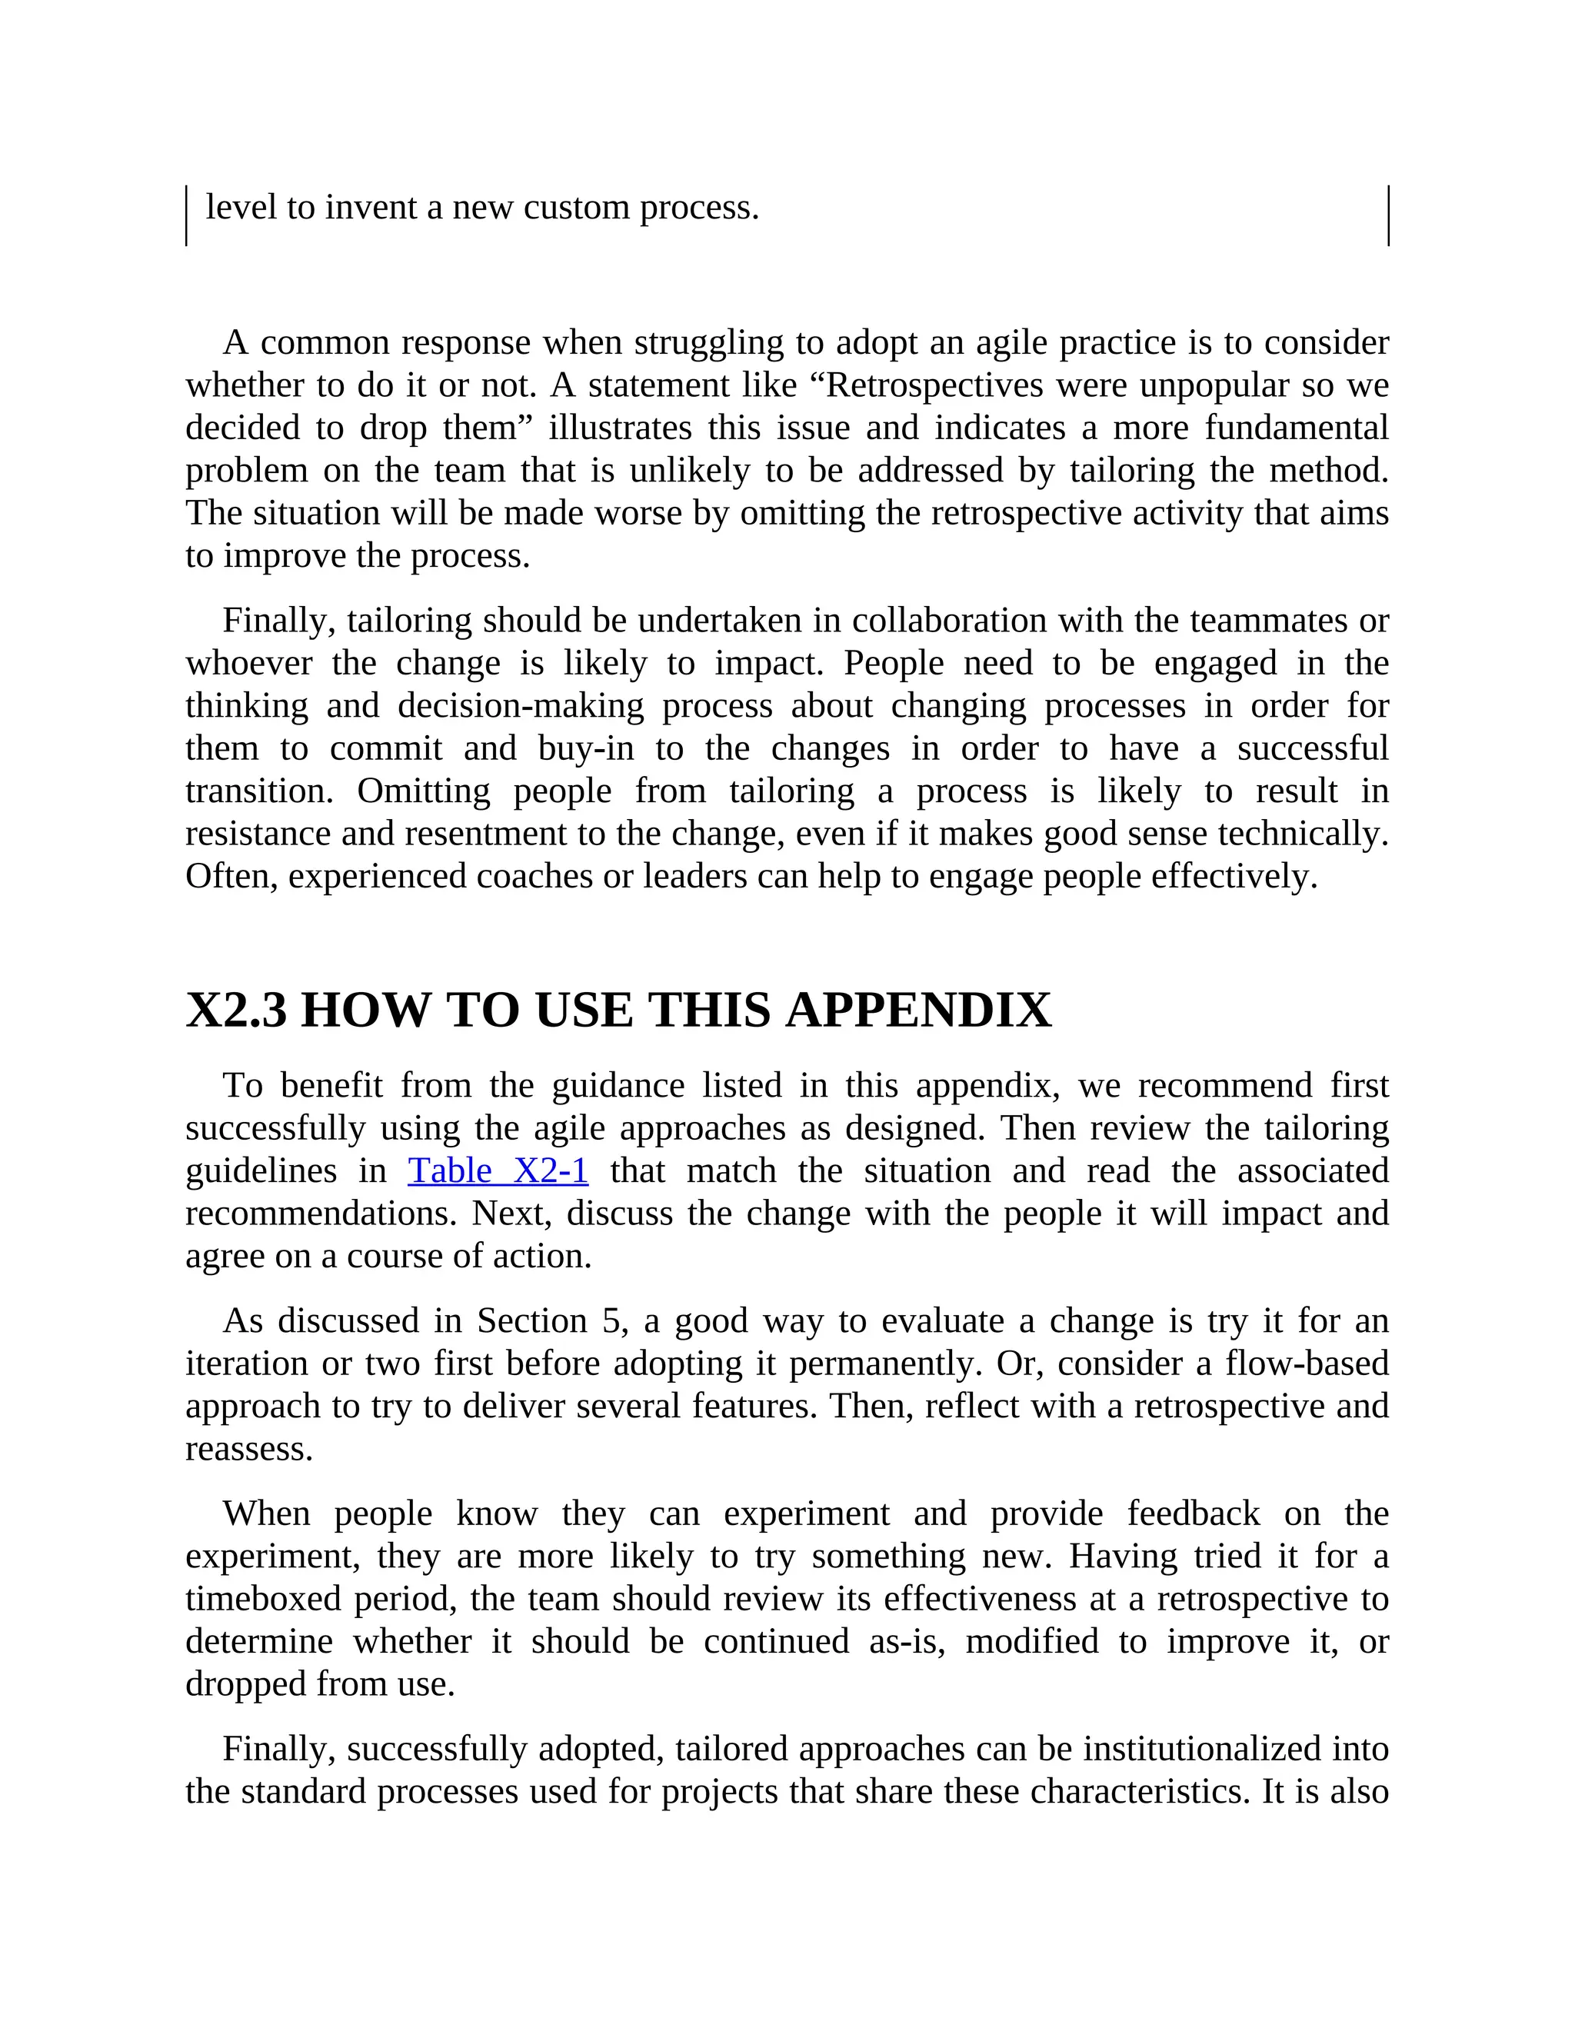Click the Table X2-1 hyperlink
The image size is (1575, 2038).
498,1171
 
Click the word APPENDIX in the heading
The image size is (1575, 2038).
918,1011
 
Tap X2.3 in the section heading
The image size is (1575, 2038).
236,1011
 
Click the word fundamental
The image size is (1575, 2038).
1296,428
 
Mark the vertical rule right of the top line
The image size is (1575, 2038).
1388,215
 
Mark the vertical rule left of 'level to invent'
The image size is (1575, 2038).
187,215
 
